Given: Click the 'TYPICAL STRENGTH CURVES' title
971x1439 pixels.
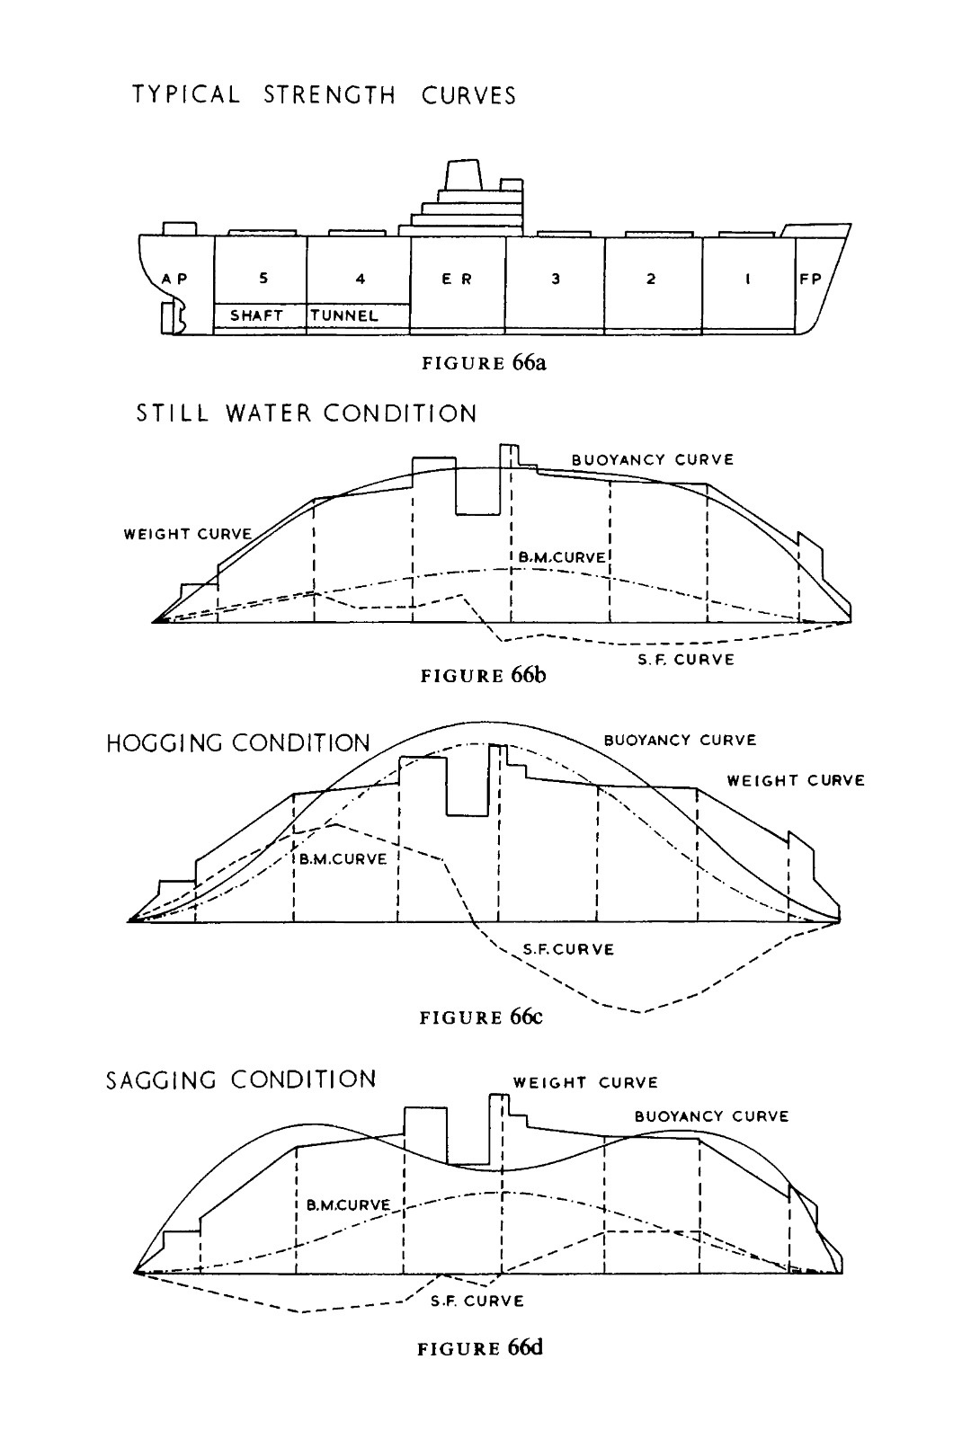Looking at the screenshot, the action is pos(325,95).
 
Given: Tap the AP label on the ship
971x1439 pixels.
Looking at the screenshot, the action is pos(174,279).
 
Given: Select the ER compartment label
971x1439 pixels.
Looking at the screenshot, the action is pos(457,279).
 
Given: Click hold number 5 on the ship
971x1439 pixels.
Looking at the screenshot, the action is pos(263,278).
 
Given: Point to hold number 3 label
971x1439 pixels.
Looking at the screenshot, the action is pos(556,279).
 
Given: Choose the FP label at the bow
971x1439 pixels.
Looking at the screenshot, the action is pos(810,279).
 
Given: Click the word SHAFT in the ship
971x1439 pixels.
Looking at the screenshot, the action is pos(256,315).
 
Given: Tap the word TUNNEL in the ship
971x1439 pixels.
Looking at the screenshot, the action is pos(344,315).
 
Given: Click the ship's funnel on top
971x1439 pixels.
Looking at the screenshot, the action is pos(463,173).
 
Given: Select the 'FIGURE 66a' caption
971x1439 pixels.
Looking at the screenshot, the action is pos(484,363).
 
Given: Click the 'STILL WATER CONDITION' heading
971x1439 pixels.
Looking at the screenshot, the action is pos(307,413).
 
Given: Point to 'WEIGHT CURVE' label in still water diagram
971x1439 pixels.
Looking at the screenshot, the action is pos(188,534).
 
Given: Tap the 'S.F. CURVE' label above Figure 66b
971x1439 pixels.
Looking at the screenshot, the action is pos(686,660).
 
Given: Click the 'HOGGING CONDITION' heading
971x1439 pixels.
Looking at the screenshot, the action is pos(238,743).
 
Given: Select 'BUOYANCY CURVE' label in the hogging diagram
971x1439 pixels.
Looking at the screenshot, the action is pos(680,740).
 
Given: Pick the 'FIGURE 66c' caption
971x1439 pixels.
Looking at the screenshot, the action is pos(481,1017).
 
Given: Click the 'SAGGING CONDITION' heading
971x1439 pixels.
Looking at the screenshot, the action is pos(241,1079).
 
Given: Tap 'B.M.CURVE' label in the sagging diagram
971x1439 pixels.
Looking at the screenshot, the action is pos(348,1204).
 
